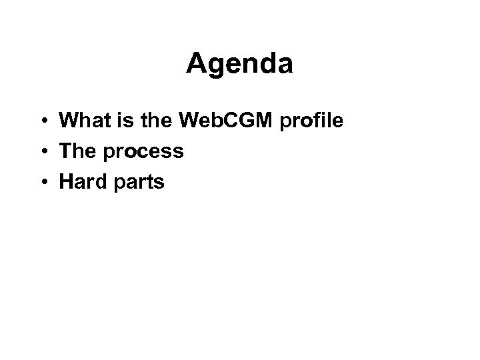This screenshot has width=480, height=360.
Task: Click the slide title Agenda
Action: click(x=239, y=64)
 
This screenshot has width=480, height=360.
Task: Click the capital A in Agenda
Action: click(x=196, y=64)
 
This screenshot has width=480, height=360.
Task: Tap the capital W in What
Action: click(x=69, y=121)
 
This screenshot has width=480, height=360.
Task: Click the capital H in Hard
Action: click(x=65, y=181)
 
